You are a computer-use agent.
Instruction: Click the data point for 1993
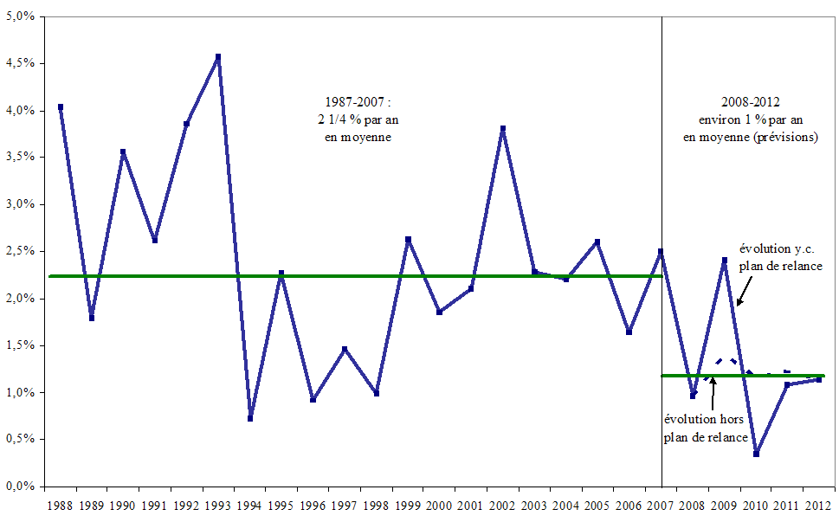pos(218,57)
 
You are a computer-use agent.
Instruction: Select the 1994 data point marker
pos(250,418)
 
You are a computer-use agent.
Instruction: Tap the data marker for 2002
pos(503,129)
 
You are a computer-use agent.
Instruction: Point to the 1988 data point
pos(60,107)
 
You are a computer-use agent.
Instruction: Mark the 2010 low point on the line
pos(757,454)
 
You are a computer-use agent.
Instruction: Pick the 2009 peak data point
pos(725,260)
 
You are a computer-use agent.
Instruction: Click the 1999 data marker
pos(408,239)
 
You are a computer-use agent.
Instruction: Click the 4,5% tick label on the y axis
pos(18,63)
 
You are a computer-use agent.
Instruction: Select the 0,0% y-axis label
pos(18,487)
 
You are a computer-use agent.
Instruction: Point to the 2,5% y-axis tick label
pos(18,251)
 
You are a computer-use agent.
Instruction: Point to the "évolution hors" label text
pos(704,420)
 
